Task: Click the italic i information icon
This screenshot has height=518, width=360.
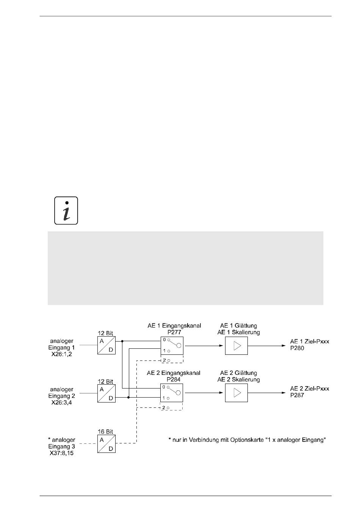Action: (66, 211)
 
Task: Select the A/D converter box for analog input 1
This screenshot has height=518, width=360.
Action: (106, 345)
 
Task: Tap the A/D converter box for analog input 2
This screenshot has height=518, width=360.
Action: (106, 393)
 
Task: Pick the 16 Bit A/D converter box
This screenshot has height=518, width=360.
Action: (106, 444)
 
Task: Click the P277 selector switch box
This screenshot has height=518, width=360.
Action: (172, 346)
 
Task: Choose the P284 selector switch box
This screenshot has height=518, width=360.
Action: (172, 393)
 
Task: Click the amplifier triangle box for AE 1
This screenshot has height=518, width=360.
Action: (236, 346)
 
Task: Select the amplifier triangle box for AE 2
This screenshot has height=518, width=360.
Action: (236, 393)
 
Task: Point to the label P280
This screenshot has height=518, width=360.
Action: (297, 348)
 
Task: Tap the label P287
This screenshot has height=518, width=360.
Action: (297, 395)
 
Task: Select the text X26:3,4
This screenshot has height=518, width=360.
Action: (62, 403)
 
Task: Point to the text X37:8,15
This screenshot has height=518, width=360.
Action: (62, 453)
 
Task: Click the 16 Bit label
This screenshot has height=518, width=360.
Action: (106, 432)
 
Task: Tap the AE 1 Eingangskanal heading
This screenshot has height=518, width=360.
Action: (174, 326)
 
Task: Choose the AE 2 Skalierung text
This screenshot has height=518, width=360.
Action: (239, 380)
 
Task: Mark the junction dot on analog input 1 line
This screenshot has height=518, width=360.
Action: (122, 341)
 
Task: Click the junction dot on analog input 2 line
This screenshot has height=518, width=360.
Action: (129, 398)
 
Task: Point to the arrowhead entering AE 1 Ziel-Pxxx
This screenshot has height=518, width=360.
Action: (284, 346)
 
